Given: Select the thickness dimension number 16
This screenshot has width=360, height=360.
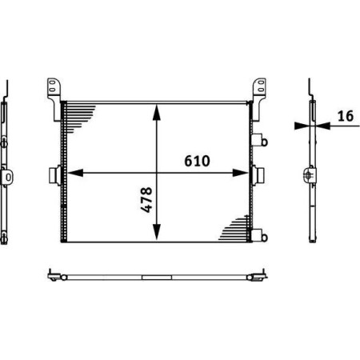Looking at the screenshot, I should (345, 116).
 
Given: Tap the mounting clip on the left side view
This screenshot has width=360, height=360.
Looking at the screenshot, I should (7, 175).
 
